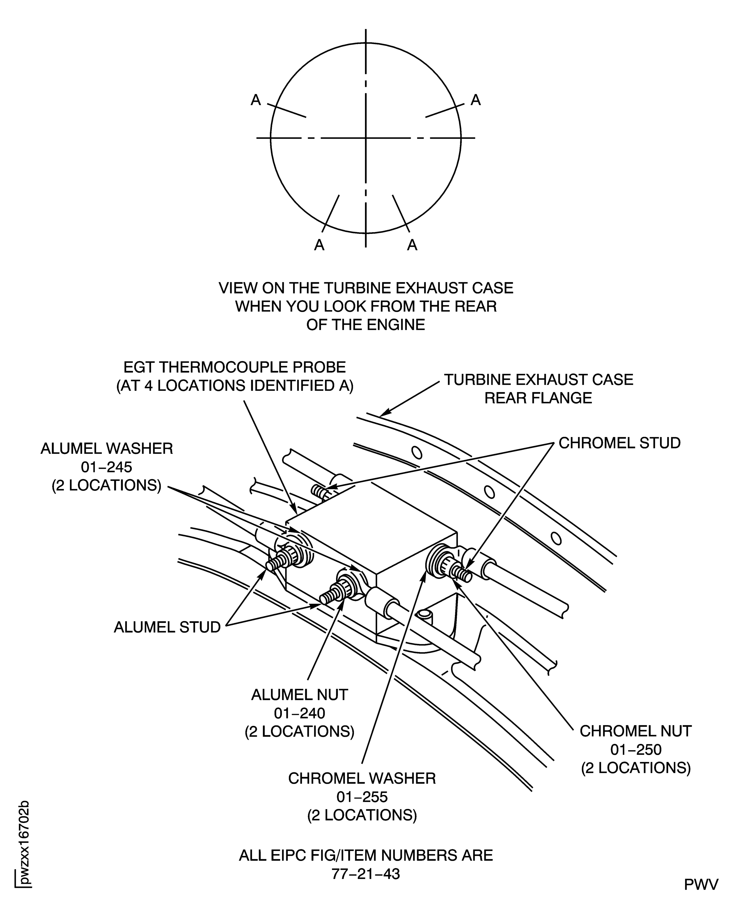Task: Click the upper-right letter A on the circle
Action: tap(476, 100)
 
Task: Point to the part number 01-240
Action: tap(299, 713)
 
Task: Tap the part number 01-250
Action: tap(636, 750)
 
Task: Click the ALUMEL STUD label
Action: tap(167, 628)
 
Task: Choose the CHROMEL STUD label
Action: tap(619, 443)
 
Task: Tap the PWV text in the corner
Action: tap(701, 885)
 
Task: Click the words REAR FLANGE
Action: tap(538, 398)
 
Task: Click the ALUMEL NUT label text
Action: tap(299, 695)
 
